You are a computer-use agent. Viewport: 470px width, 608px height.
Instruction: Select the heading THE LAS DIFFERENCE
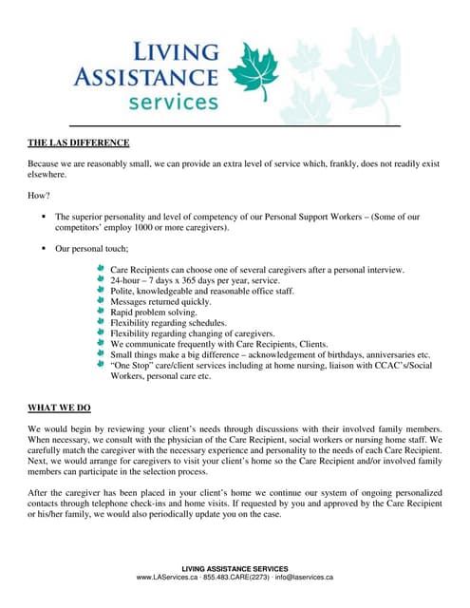pos(78,143)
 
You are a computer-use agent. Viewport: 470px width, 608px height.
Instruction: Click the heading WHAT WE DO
pos(59,408)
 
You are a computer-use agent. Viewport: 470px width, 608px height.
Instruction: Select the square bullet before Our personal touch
pos(44,248)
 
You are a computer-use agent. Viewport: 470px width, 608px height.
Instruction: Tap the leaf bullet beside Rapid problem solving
pos(102,312)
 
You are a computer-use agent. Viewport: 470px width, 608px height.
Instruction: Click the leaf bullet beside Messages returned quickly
pos(102,301)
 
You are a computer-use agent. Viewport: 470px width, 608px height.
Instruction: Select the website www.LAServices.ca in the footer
pos(166,577)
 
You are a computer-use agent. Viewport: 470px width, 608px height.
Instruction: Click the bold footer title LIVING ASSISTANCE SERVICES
pos(235,568)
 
